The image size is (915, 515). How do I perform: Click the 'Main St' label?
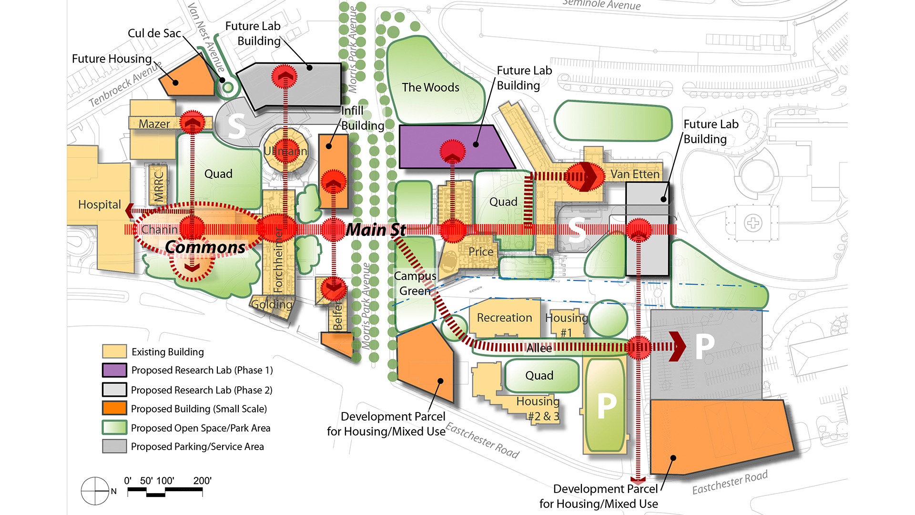tap(376, 230)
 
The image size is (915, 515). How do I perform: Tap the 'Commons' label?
tap(205, 247)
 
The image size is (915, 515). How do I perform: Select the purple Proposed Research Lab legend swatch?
tap(114, 371)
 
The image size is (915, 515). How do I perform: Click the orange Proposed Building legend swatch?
tap(114, 409)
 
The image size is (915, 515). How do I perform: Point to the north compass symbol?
tap(95, 491)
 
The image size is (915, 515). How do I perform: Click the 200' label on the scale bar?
tap(202, 481)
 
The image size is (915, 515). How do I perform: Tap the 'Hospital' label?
tap(99, 205)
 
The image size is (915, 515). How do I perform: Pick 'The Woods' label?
tap(430, 87)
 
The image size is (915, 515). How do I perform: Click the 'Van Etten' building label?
tap(635, 175)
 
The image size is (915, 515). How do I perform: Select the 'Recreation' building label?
tap(504, 318)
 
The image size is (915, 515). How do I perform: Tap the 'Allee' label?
tap(539, 349)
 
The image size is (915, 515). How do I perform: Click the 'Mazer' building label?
tap(154, 124)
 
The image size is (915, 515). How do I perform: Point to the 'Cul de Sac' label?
tap(154, 33)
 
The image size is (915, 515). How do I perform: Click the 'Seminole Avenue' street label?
tap(601, 5)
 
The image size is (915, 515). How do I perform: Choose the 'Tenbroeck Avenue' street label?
tap(125, 84)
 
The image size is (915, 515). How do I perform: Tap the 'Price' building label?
tap(480, 252)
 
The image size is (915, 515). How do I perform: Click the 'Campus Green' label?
tap(415, 283)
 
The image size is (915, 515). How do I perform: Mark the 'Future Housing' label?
tap(112, 59)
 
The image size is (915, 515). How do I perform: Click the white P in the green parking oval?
tap(607, 406)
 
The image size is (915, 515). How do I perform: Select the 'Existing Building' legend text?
tap(167, 352)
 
